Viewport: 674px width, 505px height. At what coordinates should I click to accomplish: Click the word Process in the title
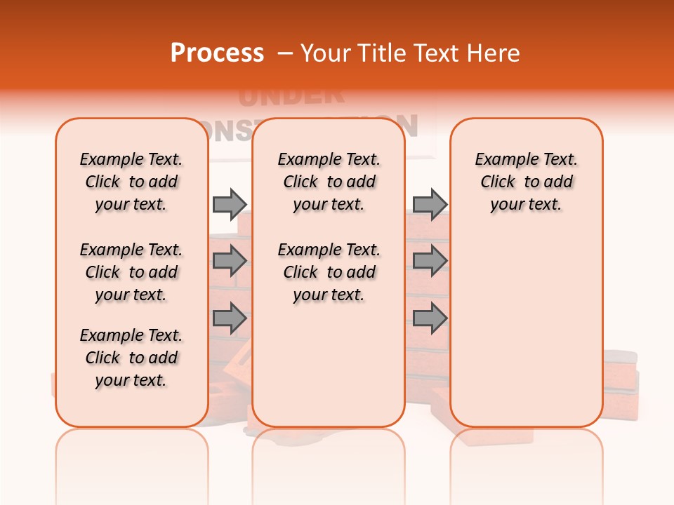coord(217,53)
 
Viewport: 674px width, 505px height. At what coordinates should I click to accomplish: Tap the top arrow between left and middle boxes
coord(230,204)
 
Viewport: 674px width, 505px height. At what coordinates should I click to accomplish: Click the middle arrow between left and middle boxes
coord(230,261)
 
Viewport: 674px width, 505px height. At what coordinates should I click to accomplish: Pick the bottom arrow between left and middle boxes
coord(230,319)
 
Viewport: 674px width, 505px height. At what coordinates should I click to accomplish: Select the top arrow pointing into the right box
coord(430,204)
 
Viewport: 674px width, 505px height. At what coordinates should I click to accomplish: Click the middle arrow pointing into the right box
coord(430,261)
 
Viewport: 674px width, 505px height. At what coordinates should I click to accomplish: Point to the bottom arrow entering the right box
coord(430,319)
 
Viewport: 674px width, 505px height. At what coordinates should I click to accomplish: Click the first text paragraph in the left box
coord(131,182)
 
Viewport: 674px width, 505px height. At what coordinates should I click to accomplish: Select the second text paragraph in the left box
coord(131,272)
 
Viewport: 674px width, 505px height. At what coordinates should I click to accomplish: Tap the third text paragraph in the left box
coord(131,358)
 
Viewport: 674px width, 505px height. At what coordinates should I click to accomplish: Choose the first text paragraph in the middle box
coord(329,182)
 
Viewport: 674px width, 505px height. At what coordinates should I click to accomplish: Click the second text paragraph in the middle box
coord(329,272)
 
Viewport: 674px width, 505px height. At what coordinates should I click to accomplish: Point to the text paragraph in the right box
coord(527,182)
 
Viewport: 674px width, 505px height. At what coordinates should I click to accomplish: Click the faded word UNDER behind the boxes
coord(291,95)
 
